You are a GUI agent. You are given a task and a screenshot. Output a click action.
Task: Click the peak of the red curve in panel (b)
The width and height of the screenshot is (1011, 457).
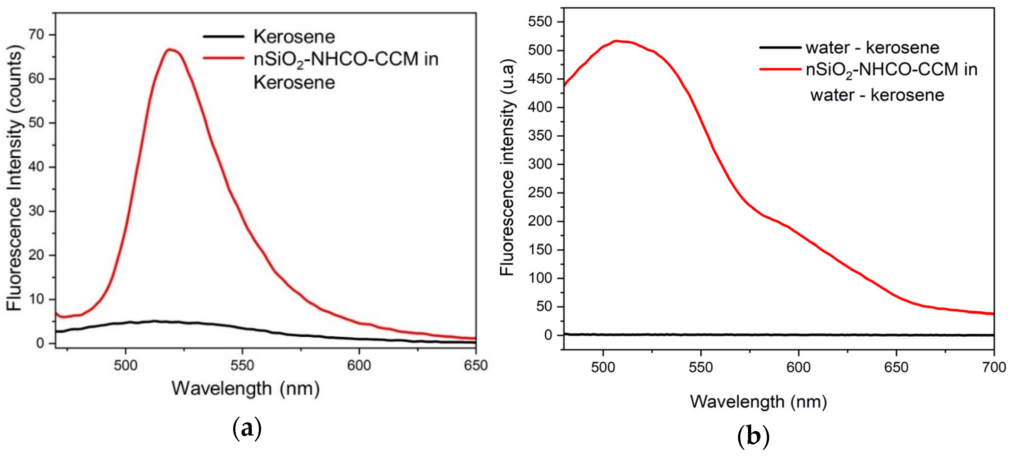(616, 41)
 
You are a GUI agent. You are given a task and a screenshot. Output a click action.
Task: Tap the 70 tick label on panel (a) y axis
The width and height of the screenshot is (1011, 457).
(36, 35)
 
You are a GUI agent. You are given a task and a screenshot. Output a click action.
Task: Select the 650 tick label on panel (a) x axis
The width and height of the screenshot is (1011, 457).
(475, 366)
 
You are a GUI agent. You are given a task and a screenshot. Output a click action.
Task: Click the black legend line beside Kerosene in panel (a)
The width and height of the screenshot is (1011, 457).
(223, 37)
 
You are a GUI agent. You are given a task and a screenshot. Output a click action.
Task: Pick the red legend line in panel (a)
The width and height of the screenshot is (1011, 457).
(223, 58)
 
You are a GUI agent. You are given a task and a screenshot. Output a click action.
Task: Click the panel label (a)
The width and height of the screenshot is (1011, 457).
(247, 428)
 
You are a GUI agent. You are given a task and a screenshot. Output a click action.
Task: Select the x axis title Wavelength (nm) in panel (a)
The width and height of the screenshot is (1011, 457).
(246, 388)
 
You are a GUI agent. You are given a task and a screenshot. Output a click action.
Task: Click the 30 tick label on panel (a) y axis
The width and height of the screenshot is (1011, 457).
(36, 211)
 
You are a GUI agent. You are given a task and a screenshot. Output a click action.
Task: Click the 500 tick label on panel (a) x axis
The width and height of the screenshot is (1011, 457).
(126, 366)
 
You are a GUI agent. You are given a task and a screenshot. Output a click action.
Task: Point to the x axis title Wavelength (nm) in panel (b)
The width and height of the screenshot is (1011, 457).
(758, 402)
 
